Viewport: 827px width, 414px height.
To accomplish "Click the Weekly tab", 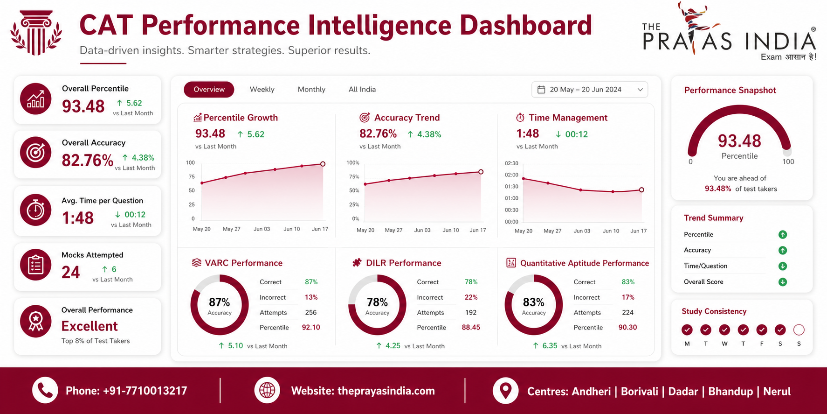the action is pos(262,89).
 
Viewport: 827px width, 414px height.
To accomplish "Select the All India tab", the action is pos(362,89).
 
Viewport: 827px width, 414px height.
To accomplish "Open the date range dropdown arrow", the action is pos(640,90).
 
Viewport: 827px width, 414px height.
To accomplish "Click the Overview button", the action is pos(209,89).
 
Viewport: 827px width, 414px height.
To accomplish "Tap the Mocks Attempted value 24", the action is pos(71,272).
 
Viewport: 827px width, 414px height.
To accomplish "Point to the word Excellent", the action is pos(90,326).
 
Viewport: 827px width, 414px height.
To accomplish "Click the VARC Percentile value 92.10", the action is pos(311,327).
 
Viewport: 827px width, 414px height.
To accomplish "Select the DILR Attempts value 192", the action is pos(471,312).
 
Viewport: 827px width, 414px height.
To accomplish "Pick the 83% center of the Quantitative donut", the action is pos(534,302).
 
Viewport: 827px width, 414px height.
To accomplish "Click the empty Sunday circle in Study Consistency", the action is pos(799,330).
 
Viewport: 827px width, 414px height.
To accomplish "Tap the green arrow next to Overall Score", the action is pos(783,282).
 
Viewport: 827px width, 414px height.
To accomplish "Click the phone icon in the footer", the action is pos(45,390).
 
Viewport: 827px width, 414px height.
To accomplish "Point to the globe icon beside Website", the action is pos(267,390).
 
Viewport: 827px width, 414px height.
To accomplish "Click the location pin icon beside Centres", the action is pos(505,390).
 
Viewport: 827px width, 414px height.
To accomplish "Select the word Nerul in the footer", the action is pos(777,391).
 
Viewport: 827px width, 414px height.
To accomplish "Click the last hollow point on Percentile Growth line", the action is pos(323,164).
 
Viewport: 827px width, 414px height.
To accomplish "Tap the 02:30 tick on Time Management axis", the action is pos(511,163).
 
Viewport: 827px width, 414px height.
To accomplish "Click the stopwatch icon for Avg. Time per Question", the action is pos(35,210).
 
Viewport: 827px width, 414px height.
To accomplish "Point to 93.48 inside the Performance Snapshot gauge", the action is pos(739,140).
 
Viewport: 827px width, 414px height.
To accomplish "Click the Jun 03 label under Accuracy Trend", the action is pos(422,230).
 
